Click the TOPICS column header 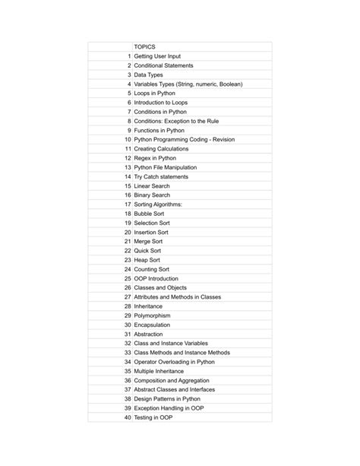point(144,47)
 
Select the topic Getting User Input point(157,56)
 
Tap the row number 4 point(129,84)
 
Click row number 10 point(128,140)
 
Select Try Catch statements point(161,176)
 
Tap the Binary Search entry point(152,195)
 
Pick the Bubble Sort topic point(150,214)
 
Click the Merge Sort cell point(150,241)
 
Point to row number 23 point(128,260)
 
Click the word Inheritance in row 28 point(148,306)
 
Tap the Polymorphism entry point(152,315)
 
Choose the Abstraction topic point(150,334)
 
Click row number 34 point(128,362)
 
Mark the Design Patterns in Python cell point(167,399)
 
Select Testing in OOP point(153,417)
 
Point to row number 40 point(128,417)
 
